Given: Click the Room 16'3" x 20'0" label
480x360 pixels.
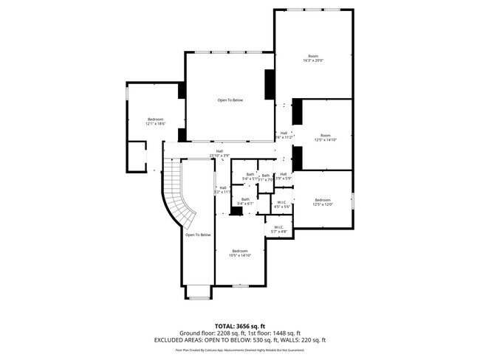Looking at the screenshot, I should click(x=313, y=59).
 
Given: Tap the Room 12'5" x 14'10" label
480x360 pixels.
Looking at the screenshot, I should click(x=325, y=137).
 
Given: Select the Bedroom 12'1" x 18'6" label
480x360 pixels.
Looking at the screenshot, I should click(x=155, y=122).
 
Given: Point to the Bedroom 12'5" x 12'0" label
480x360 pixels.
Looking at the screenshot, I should click(x=323, y=203).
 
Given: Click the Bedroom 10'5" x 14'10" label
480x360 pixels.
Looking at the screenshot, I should click(x=241, y=253).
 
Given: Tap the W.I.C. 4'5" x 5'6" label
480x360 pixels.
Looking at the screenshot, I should click(x=282, y=204).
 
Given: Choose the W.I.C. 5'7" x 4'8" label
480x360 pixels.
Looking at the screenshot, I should click(x=278, y=229).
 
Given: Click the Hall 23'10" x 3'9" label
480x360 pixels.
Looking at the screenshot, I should click(x=219, y=153).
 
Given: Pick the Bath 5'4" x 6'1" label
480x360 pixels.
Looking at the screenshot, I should click(x=245, y=201).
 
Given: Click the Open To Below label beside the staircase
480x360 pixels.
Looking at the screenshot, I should click(x=198, y=235).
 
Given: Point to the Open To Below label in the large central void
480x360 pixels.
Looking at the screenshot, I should click(x=230, y=100).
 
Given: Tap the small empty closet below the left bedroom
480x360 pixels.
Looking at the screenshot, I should click(x=137, y=156).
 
